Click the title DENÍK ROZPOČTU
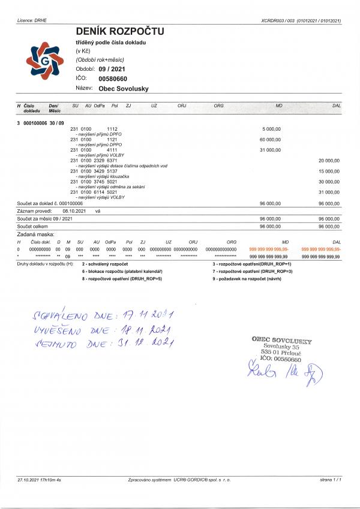pos(120,31)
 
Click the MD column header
pos(279,106)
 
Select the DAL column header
pos(337,106)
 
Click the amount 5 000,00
pos(271,129)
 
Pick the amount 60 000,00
pos(270,139)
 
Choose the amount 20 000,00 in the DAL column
pos(329,161)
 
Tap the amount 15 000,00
pos(329,171)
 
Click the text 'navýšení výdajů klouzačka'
pos(98,177)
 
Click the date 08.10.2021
pos(75,211)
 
